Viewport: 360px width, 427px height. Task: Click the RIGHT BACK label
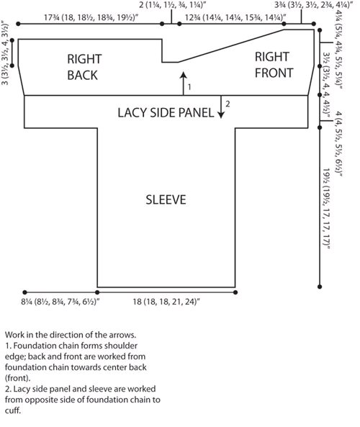(x=84, y=67)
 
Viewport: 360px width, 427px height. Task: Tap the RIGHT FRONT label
(x=274, y=65)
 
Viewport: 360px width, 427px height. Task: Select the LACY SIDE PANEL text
(x=166, y=113)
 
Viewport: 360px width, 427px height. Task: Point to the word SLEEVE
(x=166, y=199)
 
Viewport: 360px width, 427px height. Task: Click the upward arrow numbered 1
(x=184, y=84)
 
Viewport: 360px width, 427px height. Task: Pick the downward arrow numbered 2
(x=221, y=107)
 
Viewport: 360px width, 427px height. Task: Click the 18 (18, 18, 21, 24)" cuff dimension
(x=166, y=302)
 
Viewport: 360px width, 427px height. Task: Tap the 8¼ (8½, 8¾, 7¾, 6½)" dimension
(x=60, y=302)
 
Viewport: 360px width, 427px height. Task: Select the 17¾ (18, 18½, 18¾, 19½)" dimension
(x=91, y=18)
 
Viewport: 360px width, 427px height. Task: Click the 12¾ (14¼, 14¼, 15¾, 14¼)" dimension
(x=235, y=18)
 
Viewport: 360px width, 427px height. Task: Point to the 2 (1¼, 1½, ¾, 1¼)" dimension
(x=172, y=4)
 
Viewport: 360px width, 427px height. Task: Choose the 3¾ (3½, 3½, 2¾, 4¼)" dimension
(x=314, y=4)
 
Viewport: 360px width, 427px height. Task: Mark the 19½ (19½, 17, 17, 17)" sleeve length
(x=326, y=209)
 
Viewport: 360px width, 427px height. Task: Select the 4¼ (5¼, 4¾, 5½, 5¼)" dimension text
(x=338, y=50)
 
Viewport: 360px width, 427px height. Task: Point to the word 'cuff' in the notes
(x=13, y=410)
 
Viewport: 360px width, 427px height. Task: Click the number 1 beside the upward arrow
(x=189, y=87)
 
